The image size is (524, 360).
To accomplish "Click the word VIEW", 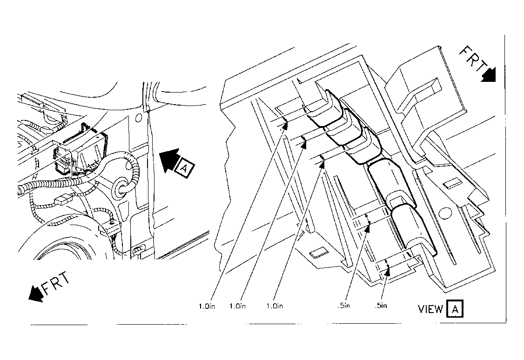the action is pos(430,309).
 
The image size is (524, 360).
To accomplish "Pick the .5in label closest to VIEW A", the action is pos(381,305).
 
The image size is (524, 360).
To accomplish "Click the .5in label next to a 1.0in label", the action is pos(343,305).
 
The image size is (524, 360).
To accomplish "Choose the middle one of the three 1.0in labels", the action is pos(237,306).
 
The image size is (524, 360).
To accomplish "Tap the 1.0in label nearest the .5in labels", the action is pos(275,306).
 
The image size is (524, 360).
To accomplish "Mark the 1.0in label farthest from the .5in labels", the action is pos(207,306).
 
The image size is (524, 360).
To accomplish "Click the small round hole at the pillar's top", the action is pos(138,118).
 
